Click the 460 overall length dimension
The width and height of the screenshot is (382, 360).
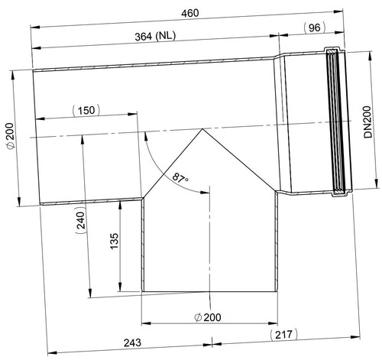click(190, 13)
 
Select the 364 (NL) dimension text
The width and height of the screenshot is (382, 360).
click(155, 36)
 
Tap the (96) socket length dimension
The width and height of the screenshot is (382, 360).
click(315, 28)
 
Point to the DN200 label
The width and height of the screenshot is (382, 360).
click(368, 122)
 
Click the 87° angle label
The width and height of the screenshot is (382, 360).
click(180, 177)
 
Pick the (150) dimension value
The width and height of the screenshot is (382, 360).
click(86, 111)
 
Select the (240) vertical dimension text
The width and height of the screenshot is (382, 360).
click(81, 219)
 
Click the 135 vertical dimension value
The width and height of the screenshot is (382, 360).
click(115, 241)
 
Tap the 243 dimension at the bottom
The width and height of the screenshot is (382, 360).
click(132, 342)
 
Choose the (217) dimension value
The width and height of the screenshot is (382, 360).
click(283, 335)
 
